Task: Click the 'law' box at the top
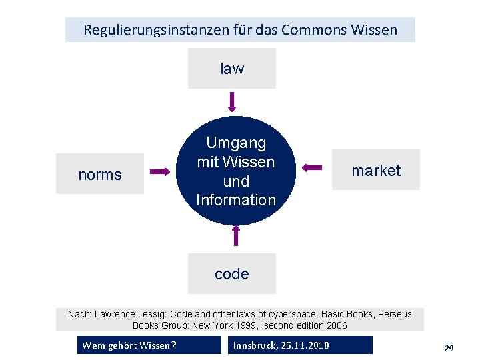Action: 231,68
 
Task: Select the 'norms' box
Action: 100,174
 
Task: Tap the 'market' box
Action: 376,170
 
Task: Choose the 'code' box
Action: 231,273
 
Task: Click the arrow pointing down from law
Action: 232,101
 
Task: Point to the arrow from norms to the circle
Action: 160,172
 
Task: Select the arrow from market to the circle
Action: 312,167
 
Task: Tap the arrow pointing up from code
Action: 235,235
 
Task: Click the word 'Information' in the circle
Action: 236,199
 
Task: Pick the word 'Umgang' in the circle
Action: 236,143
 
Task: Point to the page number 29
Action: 449,347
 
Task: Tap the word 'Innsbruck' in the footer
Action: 256,345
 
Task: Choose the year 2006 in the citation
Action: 336,325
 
